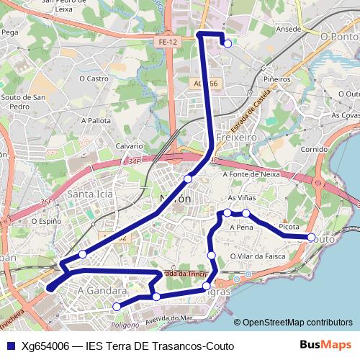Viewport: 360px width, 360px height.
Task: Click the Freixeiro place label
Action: (x=235, y=135)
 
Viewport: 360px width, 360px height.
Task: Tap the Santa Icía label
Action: (x=89, y=194)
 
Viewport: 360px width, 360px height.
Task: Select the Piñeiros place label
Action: (x=276, y=78)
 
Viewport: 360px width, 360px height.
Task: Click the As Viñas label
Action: (x=241, y=197)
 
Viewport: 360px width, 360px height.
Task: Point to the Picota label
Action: (x=289, y=227)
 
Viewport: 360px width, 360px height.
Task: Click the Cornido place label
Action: (x=314, y=149)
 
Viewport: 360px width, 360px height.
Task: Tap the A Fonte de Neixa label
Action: (x=251, y=174)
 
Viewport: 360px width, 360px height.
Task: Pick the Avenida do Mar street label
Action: (x=168, y=318)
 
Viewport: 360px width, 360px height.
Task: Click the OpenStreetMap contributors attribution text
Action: (x=297, y=322)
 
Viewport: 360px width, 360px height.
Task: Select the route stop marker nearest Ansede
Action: (x=228, y=44)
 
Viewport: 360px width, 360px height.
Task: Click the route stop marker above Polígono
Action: (x=117, y=307)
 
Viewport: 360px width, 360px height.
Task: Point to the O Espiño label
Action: (x=45, y=221)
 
